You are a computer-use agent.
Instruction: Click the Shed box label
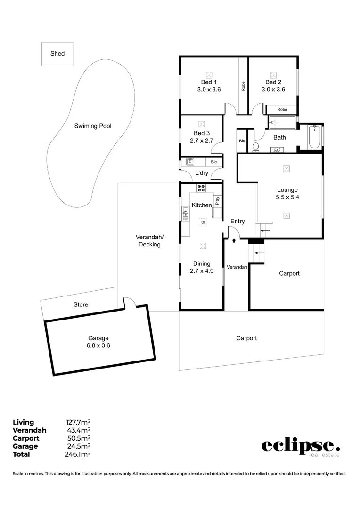[x=57, y=54]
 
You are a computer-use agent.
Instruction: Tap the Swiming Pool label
[x=93, y=126]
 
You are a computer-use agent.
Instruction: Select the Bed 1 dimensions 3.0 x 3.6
[x=209, y=90]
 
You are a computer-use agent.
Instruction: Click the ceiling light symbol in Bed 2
[x=273, y=74]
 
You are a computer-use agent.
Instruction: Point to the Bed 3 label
[x=201, y=133]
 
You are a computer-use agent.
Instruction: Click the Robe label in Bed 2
[x=282, y=109]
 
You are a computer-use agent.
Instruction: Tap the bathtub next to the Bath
[x=315, y=137]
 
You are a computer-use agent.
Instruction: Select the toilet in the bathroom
[x=256, y=147]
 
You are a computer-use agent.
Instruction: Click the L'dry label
[x=202, y=173]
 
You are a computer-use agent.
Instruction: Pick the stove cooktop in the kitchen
[x=201, y=188]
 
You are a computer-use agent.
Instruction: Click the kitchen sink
[x=185, y=214]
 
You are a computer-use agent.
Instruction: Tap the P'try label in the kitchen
[x=217, y=201]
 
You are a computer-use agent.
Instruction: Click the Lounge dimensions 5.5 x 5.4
[x=287, y=197]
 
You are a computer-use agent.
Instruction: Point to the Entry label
[x=237, y=221]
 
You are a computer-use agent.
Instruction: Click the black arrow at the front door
[x=234, y=241]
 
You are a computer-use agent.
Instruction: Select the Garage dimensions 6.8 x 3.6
[x=98, y=345]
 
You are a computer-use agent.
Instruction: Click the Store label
[x=81, y=305]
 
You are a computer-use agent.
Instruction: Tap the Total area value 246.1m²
[x=78, y=454]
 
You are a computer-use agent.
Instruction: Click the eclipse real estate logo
[x=300, y=446]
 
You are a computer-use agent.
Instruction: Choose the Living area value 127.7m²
[x=78, y=422]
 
